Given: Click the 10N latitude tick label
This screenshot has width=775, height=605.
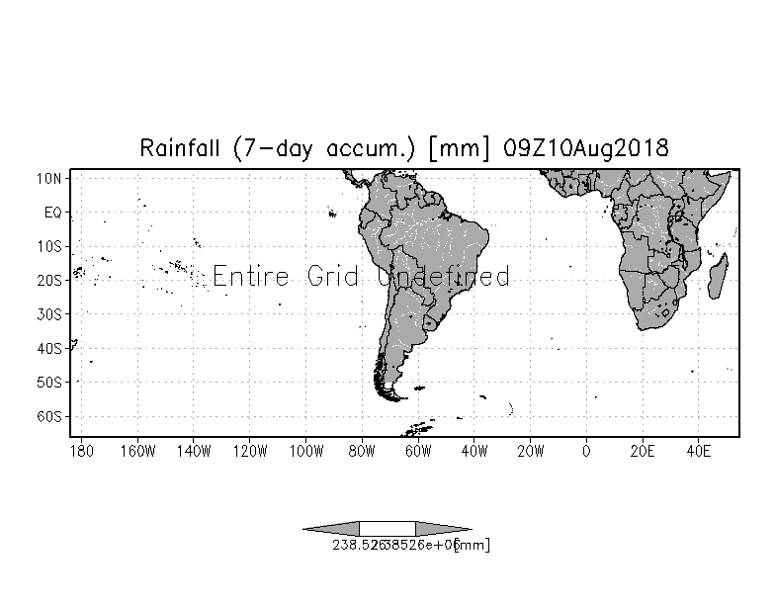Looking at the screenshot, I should pyautogui.click(x=50, y=178).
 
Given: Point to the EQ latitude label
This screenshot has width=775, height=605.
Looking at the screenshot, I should pyautogui.click(x=53, y=212).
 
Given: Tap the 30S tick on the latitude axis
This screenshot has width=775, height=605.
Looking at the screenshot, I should pyautogui.click(x=50, y=314).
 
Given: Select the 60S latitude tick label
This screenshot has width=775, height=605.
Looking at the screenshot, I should pyautogui.click(x=50, y=416).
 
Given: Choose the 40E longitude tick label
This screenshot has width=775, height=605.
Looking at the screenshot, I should pyautogui.click(x=699, y=451).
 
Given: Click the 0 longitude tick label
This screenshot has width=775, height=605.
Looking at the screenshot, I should pyautogui.click(x=587, y=451).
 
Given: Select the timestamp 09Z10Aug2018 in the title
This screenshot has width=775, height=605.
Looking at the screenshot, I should pyautogui.click(x=586, y=149).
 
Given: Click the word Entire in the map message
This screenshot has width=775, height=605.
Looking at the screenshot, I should pyautogui.click(x=253, y=276).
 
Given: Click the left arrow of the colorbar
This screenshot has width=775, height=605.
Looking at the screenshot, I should pyautogui.click(x=331, y=529).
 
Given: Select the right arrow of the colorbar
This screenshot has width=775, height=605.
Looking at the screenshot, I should pyautogui.click(x=444, y=529).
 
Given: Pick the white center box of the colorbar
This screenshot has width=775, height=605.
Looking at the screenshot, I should pyautogui.click(x=387, y=529).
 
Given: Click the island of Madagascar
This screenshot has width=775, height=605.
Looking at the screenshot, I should pyautogui.click(x=720, y=269).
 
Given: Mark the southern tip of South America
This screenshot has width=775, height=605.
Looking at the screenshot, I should pyautogui.click(x=394, y=398).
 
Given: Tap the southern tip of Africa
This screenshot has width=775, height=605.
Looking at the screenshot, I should pyautogui.click(x=644, y=328).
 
